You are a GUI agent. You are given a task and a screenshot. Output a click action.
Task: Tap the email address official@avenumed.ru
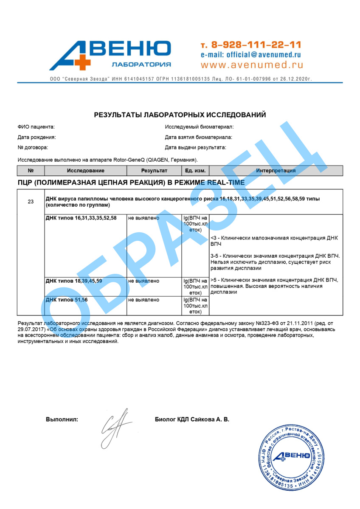pyautogui.click(x=251, y=55)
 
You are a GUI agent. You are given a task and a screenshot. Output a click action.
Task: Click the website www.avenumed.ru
pyautogui.click(x=252, y=65)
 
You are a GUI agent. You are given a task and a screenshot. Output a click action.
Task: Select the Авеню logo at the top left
pyautogui.click(x=110, y=55)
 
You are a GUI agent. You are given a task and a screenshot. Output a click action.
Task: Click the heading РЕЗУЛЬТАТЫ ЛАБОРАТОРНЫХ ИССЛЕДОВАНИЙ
pyautogui.click(x=180, y=115)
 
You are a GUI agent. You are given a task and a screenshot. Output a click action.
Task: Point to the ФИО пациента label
pyautogui.click(x=36, y=127)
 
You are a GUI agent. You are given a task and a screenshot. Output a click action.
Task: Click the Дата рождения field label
pyautogui.click(x=37, y=137)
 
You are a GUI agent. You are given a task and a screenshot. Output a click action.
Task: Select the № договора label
pyautogui.click(x=33, y=147)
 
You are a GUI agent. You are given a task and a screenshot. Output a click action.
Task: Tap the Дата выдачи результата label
pyautogui.click(x=195, y=147)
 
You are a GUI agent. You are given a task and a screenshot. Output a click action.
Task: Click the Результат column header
pyautogui.click(x=154, y=171)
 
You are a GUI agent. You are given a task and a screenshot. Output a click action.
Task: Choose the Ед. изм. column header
pyautogui.click(x=195, y=171)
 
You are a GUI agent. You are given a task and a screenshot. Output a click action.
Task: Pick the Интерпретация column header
pyautogui.click(x=276, y=171)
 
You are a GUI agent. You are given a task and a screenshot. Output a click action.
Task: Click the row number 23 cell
pyautogui.click(x=31, y=202)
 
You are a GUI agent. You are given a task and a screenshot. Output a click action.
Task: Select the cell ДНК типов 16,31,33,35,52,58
pyautogui.click(x=81, y=218)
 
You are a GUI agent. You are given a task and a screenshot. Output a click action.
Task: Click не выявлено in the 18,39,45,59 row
pyautogui.click(x=144, y=281)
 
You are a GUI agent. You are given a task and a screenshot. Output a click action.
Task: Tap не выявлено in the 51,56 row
pyautogui.click(x=144, y=300)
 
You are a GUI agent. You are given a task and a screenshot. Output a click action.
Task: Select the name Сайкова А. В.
pyautogui.click(x=210, y=419)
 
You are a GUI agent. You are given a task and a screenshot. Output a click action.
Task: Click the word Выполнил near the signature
pyautogui.click(x=62, y=419)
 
